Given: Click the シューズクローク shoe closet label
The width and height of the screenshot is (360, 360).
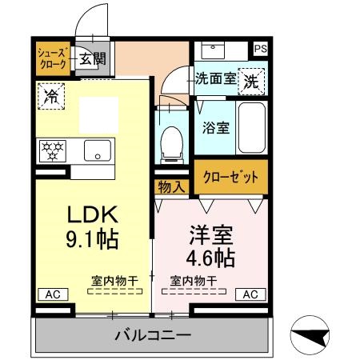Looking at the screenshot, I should pyautogui.click(x=54, y=58).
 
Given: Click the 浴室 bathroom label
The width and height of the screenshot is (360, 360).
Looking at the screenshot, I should pyautogui.click(x=215, y=126).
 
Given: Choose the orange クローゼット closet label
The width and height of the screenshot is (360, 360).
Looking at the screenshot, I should pyautogui.click(x=230, y=177).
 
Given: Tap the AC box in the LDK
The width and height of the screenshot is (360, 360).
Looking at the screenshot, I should pyautogui.click(x=53, y=294).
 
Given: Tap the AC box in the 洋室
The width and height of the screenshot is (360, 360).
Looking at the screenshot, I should pyautogui.click(x=250, y=294).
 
